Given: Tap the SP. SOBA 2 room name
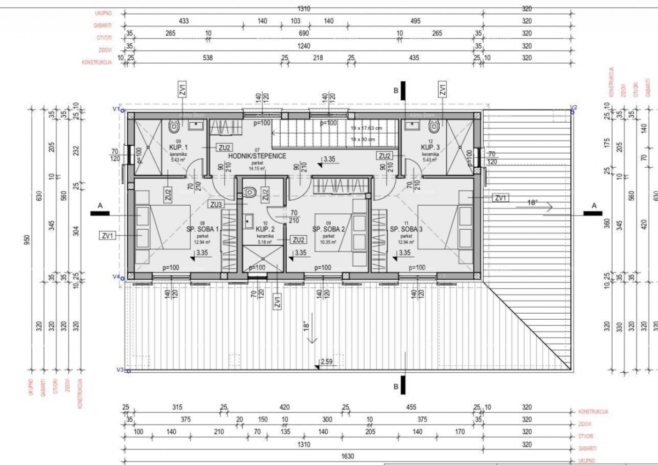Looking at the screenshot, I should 328,229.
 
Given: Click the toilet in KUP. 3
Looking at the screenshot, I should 433,127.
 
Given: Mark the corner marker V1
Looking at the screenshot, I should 116,109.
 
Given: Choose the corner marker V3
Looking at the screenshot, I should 120,371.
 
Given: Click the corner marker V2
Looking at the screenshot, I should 574,107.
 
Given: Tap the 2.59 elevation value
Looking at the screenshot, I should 326,361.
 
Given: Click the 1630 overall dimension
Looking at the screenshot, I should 348,456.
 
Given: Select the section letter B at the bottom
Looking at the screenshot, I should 396,387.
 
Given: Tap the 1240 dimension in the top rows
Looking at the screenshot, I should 303,47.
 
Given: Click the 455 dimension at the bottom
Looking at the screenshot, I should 411,407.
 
